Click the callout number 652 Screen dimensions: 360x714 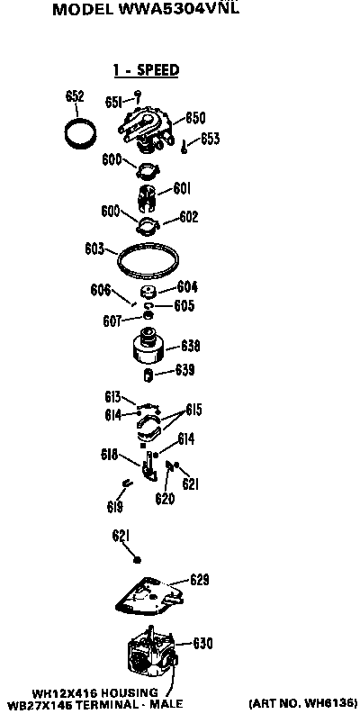pos(75,96)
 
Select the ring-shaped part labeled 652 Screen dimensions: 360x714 pos(81,132)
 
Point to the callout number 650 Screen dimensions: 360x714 pos(195,118)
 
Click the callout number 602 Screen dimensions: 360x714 pos(188,217)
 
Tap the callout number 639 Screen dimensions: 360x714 pos(184,370)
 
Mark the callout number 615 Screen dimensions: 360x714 pos(193,411)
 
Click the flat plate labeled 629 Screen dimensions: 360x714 pos(148,594)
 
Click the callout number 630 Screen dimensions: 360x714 pos(202,644)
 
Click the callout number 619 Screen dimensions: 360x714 pos(115,506)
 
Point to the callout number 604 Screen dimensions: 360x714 pos(187,287)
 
